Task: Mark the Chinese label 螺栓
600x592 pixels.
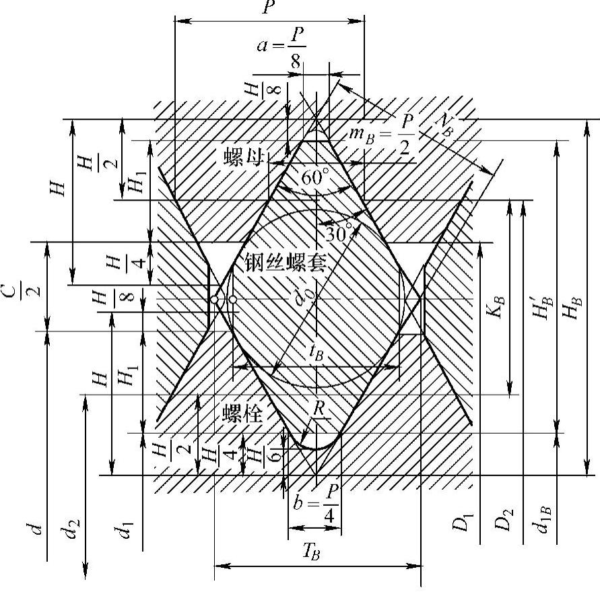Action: point(241,412)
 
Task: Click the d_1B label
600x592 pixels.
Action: point(539,520)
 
